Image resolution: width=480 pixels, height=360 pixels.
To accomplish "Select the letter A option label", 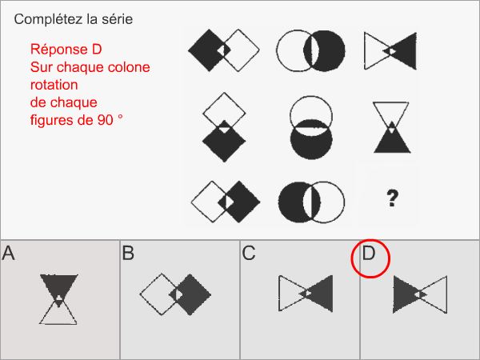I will [x=9, y=254].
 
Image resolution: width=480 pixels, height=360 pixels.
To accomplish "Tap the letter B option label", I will [x=129, y=254].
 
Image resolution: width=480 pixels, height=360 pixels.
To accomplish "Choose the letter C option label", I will [x=249, y=254].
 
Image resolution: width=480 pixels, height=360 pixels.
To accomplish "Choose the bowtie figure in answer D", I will [x=419, y=294].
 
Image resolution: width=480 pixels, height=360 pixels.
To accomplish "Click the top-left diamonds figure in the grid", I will [x=224, y=50].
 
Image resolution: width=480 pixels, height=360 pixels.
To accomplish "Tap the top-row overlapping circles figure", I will [x=311, y=50].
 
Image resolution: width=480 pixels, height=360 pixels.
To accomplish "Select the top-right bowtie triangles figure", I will [x=390, y=50].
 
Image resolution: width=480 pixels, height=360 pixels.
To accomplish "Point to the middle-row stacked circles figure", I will [x=311, y=126].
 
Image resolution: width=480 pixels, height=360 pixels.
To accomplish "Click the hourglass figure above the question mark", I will [x=390, y=126].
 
